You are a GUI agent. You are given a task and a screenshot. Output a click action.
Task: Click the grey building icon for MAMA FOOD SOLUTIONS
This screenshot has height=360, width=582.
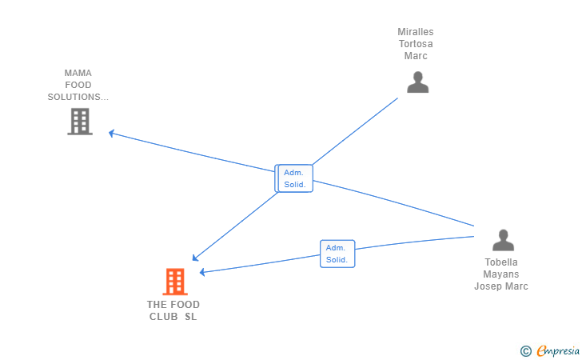click(80, 122)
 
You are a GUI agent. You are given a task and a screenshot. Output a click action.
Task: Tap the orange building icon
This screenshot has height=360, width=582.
click(175, 282)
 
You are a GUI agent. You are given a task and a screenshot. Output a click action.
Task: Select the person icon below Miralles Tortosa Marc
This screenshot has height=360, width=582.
click(417, 82)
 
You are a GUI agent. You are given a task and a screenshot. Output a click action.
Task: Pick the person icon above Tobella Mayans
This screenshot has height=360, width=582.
click(503, 240)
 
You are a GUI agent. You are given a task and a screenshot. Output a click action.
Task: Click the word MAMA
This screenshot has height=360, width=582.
click(78, 73)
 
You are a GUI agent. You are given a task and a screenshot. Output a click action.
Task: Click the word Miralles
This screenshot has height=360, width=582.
click(416, 32)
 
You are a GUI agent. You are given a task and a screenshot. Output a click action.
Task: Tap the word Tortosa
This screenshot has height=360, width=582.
click(416, 44)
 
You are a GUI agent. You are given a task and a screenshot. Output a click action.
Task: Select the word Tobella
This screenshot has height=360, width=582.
click(501, 262)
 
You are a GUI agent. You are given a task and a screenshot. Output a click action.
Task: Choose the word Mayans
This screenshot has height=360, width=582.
click(501, 274)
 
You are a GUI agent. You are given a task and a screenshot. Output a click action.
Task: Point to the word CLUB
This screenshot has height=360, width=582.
click(163, 317)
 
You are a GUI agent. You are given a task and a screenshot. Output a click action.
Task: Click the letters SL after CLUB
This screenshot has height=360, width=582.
click(191, 317)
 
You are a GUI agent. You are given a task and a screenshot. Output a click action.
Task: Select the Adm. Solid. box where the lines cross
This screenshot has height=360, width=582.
click(296, 178)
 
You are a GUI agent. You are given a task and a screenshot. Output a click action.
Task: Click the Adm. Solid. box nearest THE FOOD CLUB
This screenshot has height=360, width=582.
click(337, 254)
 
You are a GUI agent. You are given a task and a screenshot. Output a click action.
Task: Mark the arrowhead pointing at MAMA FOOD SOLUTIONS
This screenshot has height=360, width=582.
click(111, 133)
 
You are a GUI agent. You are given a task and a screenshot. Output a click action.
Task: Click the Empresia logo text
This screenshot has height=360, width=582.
click(558, 350)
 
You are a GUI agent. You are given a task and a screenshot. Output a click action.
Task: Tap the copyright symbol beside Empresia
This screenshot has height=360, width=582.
click(525, 351)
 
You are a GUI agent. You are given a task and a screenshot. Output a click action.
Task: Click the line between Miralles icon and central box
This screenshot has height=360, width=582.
click(355, 131)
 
